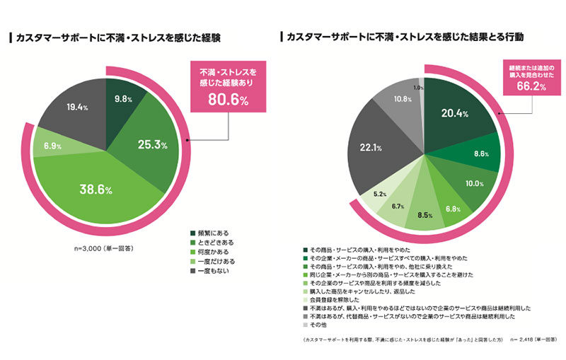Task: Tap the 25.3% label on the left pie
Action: tap(151, 145)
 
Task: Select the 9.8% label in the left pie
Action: tap(123, 99)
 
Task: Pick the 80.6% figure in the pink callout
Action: tap(227, 100)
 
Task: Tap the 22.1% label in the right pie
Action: tap(371, 148)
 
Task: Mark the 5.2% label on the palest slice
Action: tap(379, 193)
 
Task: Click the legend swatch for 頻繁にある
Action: tap(192, 233)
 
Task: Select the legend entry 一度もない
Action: tap(215, 271)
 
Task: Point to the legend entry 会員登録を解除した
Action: tap(332, 300)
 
